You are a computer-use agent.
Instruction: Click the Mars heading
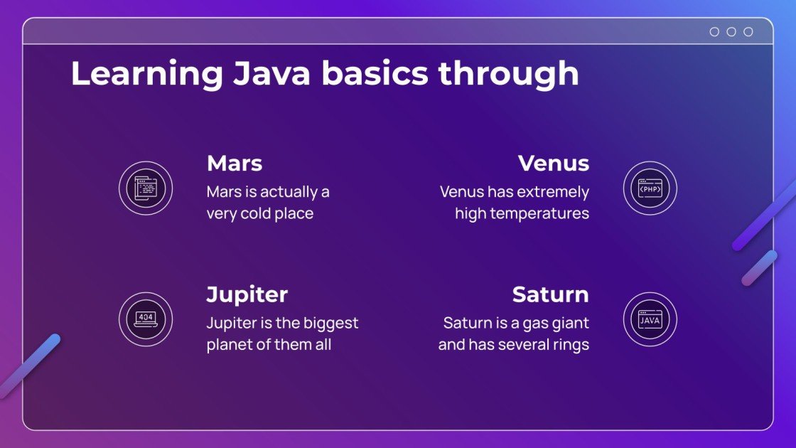tap(235, 164)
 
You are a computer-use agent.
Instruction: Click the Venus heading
tap(554, 164)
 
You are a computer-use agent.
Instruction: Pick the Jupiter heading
tap(247, 294)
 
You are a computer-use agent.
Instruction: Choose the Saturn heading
tap(550, 294)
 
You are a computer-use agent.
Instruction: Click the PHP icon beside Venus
tap(650, 189)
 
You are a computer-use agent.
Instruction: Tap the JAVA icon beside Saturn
tap(650, 320)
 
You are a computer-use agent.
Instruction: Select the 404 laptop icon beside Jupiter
tap(146, 320)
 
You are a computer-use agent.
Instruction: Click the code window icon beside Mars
tap(146, 189)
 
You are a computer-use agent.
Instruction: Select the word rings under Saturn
tap(569, 345)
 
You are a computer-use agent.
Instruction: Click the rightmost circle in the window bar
tap(748, 32)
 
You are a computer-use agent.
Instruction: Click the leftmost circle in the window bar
tap(714, 32)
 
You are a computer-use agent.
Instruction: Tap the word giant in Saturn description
tap(569, 324)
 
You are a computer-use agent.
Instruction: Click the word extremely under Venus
tap(552, 192)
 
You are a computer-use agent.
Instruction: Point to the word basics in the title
tap(377, 74)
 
